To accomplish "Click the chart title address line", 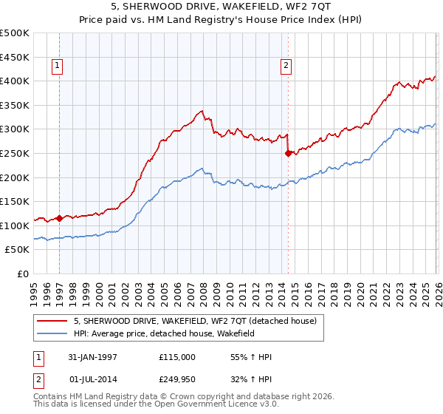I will tap(221, 7).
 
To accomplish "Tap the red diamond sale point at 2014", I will tap(287, 154).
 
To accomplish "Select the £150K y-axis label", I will tap(15, 202).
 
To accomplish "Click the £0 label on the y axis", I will tap(22, 274).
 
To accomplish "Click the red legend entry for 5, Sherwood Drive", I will tap(195, 321).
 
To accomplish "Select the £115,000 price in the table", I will tap(177, 357).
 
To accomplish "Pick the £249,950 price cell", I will tap(177, 379).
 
